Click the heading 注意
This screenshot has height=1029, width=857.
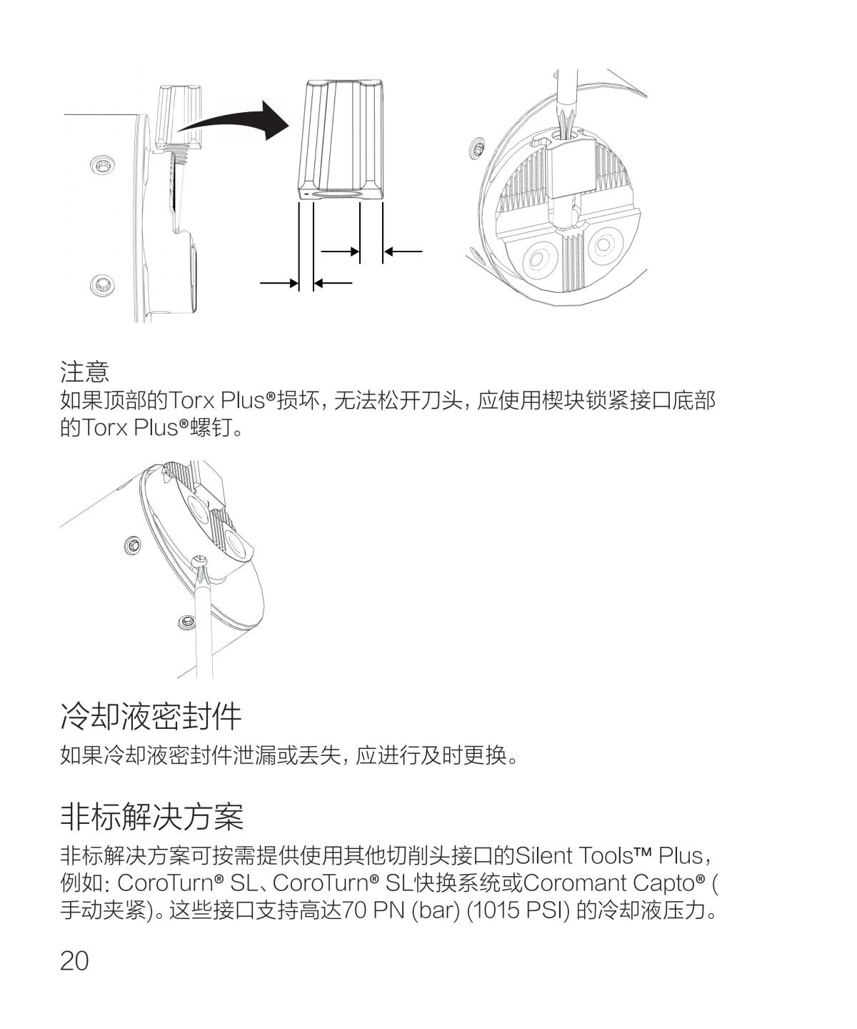(x=85, y=372)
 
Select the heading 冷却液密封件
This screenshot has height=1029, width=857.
(x=151, y=716)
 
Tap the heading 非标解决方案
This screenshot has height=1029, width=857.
(x=151, y=817)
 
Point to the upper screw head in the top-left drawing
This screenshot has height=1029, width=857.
(x=103, y=164)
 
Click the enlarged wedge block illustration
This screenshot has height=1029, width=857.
(x=341, y=139)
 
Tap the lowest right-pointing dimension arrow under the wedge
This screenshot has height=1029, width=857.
(x=279, y=283)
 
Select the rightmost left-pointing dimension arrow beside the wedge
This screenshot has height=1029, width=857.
(x=403, y=252)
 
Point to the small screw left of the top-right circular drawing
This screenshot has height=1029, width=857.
(x=476, y=149)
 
